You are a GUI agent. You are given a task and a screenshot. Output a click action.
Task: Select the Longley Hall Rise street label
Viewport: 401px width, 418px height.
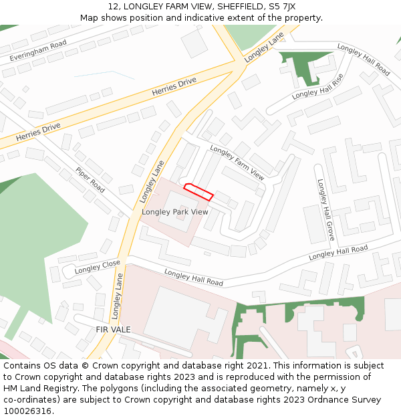pyautogui.click(x=317, y=86)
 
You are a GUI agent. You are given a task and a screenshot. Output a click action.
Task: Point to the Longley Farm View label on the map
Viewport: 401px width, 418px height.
pyautogui.click(x=237, y=163)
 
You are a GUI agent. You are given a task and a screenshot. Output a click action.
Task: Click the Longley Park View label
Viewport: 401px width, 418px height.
pyautogui.click(x=175, y=212)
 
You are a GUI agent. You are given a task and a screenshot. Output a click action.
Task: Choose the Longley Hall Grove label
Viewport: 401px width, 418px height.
pyautogui.click(x=325, y=209)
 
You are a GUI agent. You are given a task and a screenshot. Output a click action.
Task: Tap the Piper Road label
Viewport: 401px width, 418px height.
pyautogui.click(x=90, y=179)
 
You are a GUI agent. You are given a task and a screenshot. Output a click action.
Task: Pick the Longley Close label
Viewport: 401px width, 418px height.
pyautogui.click(x=98, y=267)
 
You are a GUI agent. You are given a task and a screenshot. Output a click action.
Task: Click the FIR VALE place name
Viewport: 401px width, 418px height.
pyautogui.click(x=113, y=330)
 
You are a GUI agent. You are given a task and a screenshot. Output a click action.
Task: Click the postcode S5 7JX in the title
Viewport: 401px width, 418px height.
pyautogui.click(x=282, y=7)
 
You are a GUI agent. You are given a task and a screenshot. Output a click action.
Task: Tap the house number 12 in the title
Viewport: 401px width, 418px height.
pyautogui.click(x=113, y=7)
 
